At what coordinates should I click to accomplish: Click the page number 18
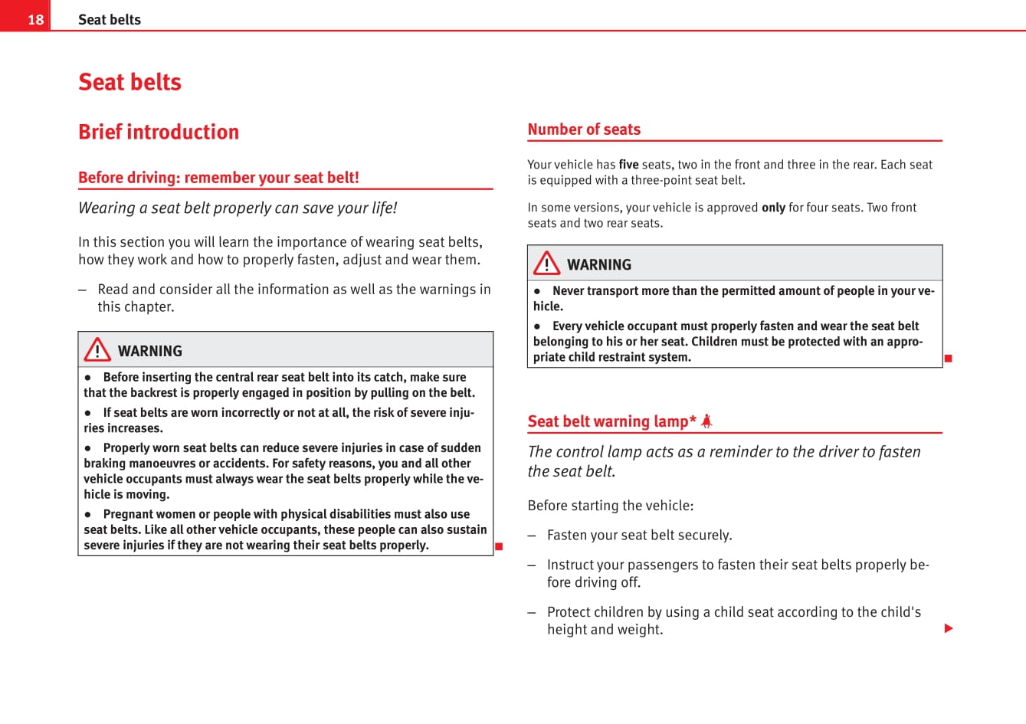coord(35,19)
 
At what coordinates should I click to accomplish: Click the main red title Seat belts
coord(129,82)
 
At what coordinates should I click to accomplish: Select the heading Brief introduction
coord(159,132)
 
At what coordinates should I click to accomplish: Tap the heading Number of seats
coord(584,129)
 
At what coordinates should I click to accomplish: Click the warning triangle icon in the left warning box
coord(97,349)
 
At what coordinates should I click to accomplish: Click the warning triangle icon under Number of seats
coord(546,264)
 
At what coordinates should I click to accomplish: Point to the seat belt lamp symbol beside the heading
coord(706,421)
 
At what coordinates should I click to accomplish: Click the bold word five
coord(628,164)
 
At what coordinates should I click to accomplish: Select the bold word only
coord(773,207)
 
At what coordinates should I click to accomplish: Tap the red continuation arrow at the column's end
coord(949,628)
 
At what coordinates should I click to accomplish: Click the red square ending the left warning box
coord(498,546)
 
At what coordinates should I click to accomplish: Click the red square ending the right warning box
coord(948,359)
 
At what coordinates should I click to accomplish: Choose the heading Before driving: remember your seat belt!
coord(218,178)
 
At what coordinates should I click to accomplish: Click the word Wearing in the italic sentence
coord(107,208)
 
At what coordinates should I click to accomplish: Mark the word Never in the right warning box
coord(568,291)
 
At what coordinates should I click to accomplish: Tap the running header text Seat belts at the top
coord(110,20)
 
